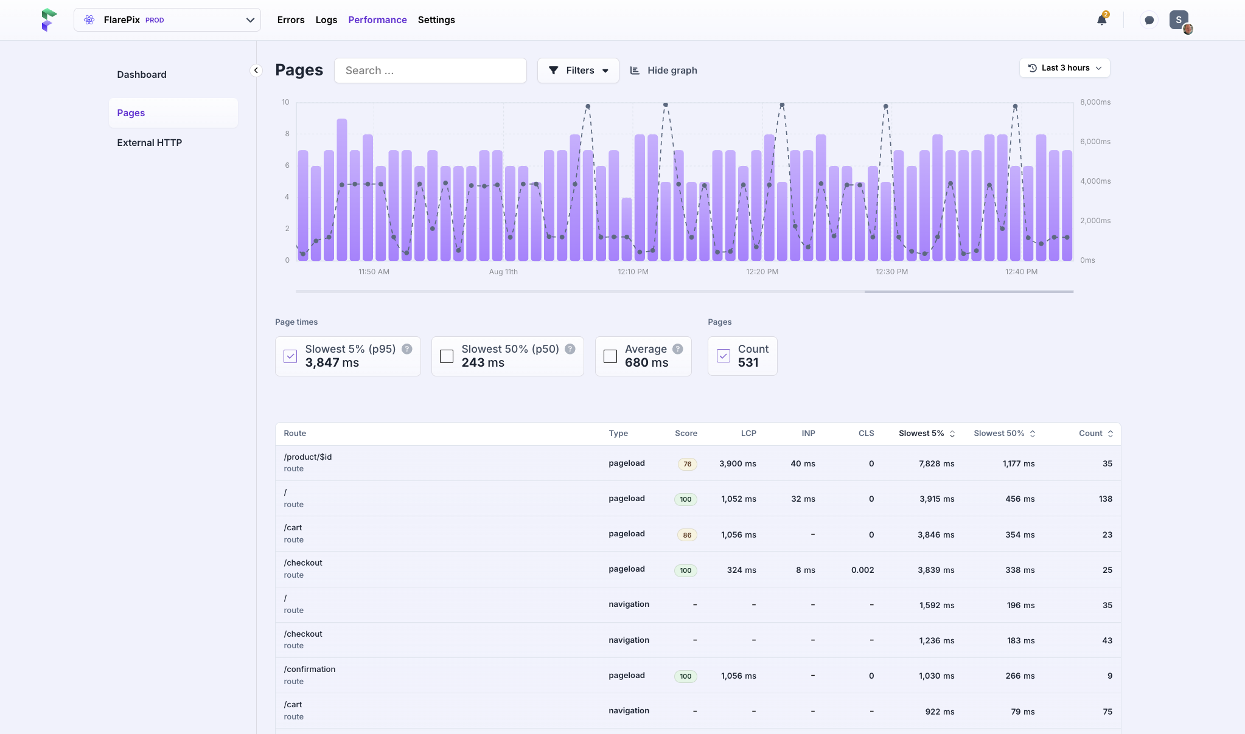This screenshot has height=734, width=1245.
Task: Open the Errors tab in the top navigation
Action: click(291, 20)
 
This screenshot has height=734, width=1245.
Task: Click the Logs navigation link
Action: click(326, 20)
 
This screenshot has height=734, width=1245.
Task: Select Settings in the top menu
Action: click(436, 20)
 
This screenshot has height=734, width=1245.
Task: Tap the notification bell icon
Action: click(1101, 20)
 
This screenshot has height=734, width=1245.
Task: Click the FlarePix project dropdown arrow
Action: click(250, 20)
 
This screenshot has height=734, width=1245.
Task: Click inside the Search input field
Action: click(430, 71)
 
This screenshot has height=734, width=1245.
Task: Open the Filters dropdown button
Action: click(578, 71)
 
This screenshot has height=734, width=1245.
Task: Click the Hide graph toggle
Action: click(663, 71)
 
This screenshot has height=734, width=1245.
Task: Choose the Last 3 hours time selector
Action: click(1065, 68)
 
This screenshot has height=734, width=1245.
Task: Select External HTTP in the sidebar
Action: click(150, 143)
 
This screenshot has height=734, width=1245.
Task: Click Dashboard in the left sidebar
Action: click(142, 75)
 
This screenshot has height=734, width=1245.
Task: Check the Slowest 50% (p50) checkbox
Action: click(447, 356)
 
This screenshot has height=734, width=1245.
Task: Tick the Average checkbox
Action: click(610, 356)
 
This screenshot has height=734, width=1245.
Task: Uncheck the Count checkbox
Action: click(724, 356)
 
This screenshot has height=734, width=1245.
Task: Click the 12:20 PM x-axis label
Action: click(762, 272)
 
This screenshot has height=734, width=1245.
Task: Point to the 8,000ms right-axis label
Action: click(1095, 102)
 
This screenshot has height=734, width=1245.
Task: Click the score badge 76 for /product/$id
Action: click(688, 464)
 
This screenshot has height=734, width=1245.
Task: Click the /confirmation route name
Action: click(310, 670)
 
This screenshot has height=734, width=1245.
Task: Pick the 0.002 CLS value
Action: click(863, 570)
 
